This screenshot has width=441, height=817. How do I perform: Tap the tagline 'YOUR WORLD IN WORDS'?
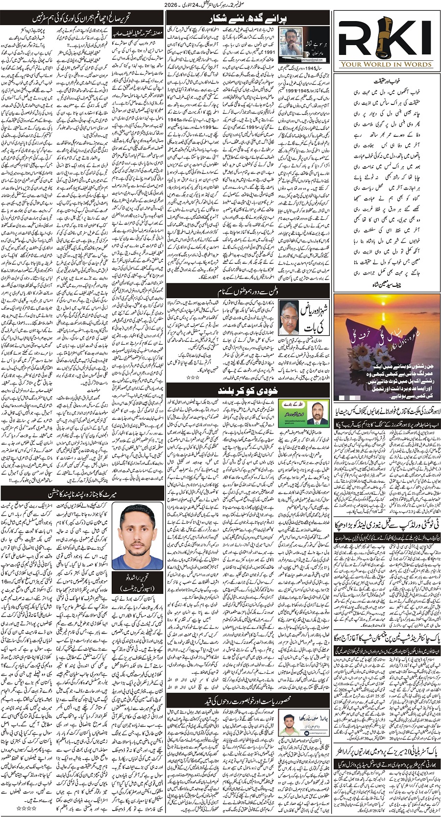pyautogui.click(x=387, y=64)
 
